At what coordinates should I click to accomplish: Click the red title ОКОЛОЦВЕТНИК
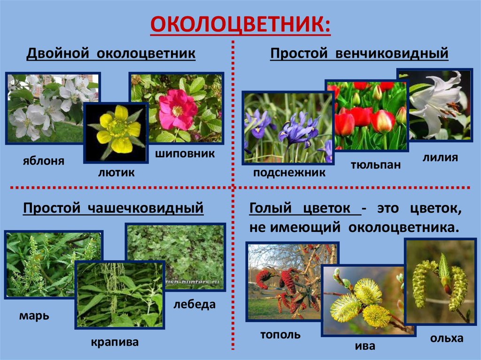pos(240,24)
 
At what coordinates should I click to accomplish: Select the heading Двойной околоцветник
pos(111,54)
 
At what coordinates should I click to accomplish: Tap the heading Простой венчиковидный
pos(359,54)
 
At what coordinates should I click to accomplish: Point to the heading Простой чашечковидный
pos(113,208)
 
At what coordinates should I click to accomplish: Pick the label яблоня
pos(44,161)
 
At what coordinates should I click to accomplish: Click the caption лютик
pos(116,172)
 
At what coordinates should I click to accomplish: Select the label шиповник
pos(185,153)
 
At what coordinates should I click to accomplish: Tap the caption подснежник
pos(289,172)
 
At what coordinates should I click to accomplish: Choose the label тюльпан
pos(376,165)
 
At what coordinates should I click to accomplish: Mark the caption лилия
pos(440,157)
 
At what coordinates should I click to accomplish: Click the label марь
pos(34,315)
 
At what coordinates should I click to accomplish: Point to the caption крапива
pos(115,342)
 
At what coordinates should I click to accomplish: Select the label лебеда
pos(194,305)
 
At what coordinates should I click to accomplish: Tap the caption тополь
pos(280,335)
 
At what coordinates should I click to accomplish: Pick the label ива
pos(365,346)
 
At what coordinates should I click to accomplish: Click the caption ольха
pos(447,338)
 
